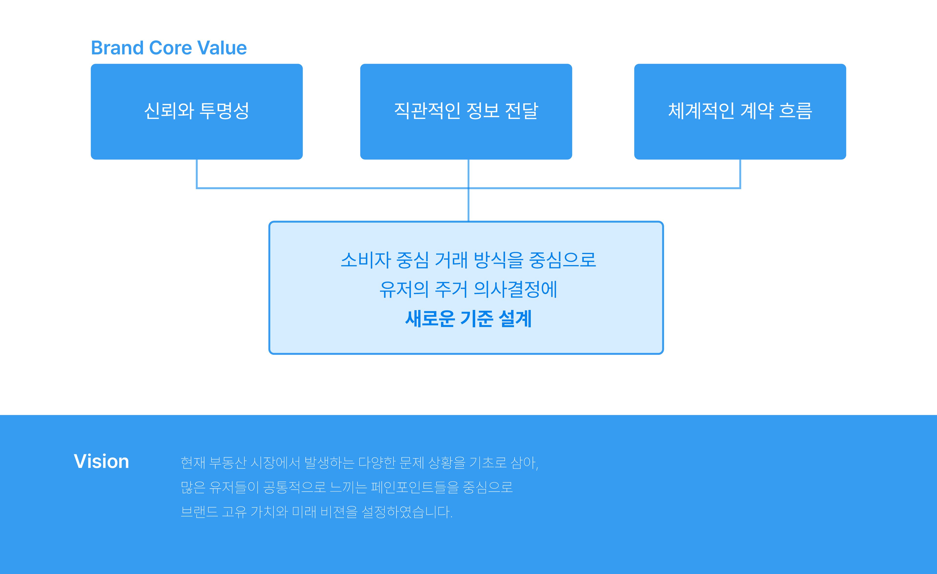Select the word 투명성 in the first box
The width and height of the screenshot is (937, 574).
coord(224,111)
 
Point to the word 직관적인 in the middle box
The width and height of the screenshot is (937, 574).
coord(427,111)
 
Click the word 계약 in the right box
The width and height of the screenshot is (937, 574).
coord(757,111)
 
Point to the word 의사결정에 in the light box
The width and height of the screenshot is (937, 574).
coord(515,289)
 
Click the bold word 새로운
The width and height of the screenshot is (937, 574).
coord(430,319)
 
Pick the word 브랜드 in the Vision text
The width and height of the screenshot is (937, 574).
coord(199,512)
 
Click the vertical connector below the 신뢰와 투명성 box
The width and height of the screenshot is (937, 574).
coord(197,173)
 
